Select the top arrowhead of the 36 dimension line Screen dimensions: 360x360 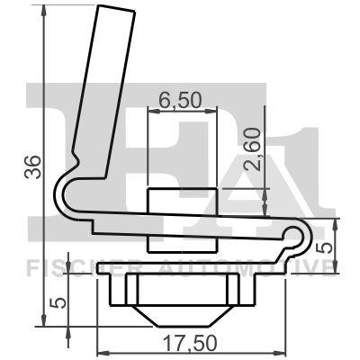[x=43, y=11]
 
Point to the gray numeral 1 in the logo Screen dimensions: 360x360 [x=306, y=162]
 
